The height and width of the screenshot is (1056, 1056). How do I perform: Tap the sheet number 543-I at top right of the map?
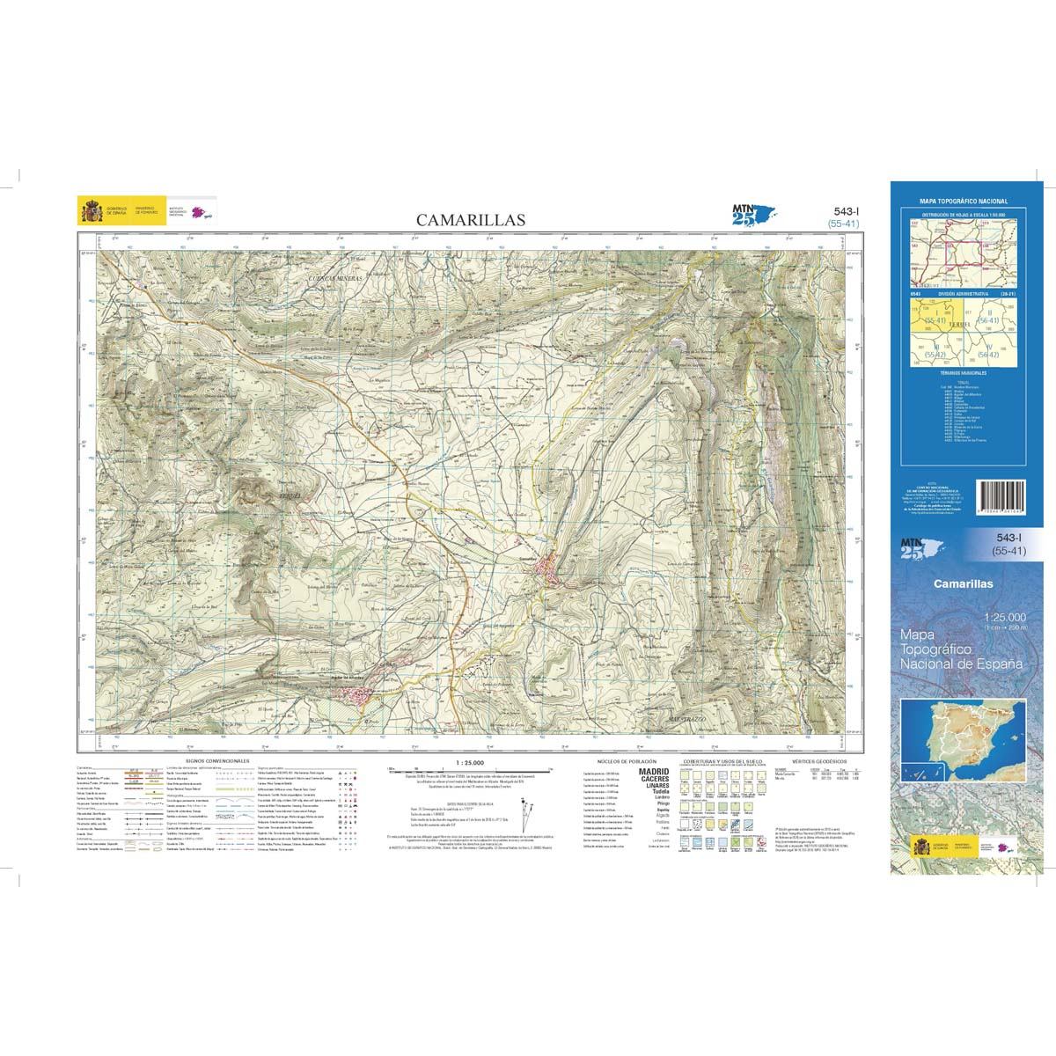(x=843, y=211)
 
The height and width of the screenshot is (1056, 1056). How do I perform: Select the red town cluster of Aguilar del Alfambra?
(x=356, y=695)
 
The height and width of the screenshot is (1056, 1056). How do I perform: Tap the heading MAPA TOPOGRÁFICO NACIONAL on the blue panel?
(x=963, y=202)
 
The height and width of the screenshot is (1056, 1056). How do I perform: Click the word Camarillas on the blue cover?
(x=963, y=583)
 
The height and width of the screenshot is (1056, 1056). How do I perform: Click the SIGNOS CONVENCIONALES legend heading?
(x=218, y=759)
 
